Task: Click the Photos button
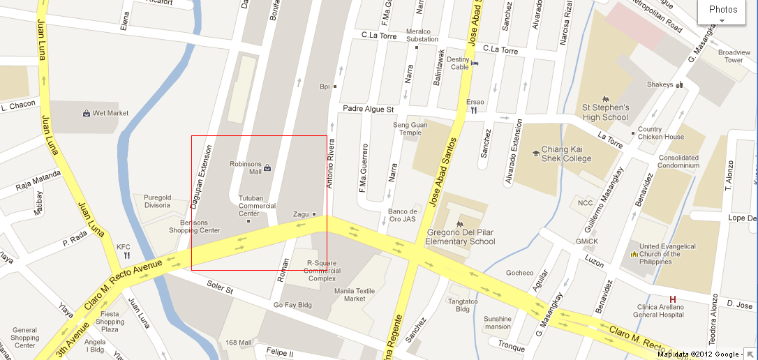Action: [722, 10]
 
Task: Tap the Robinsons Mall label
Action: [246, 167]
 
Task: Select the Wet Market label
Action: [110, 113]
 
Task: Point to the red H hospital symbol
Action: [673, 299]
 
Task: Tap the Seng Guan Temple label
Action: [407, 129]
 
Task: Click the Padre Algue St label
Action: [369, 110]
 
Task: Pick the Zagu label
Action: [301, 214]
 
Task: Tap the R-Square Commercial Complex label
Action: [322, 271]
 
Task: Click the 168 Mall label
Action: [238, 343]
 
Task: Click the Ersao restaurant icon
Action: [474, 110]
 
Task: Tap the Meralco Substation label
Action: [422, 36]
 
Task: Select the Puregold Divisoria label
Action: [157, 202]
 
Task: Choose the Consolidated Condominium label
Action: [678, 162]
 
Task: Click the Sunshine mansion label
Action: [497, 322]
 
